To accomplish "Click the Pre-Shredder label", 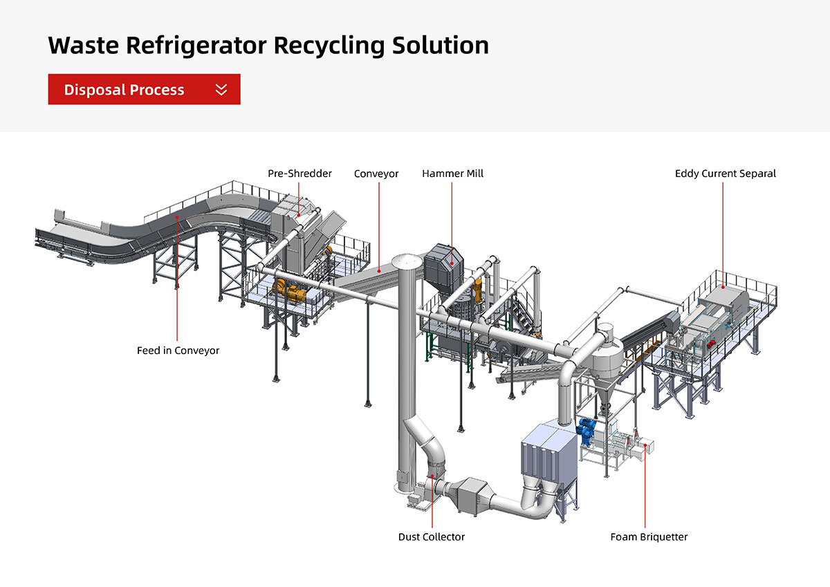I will [299, 174].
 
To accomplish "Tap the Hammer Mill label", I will [452, 174].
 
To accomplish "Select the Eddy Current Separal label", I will [725, 174].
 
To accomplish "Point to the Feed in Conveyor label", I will [178, 351].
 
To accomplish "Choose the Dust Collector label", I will [432, 537].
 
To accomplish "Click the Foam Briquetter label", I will [649, 537].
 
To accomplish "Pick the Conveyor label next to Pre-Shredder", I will [376, 174].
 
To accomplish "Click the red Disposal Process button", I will [144, 89].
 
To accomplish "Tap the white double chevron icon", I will [221, 89].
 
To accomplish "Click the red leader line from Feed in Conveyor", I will [178, 277].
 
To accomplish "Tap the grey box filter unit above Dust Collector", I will [547, 449].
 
